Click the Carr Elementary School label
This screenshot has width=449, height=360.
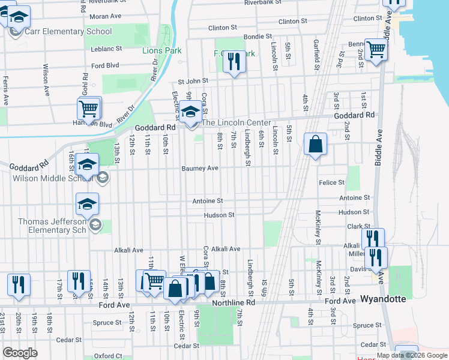[68, 31]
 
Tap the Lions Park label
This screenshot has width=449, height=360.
[161, 50]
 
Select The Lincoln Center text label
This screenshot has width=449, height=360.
[236, 123]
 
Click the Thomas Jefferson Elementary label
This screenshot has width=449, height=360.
[52, 226]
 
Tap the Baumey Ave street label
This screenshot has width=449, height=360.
[200, 169]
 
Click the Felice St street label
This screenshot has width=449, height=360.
[333, 182]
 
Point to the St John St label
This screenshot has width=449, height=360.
[192, 80]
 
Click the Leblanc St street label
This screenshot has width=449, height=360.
[106, 48]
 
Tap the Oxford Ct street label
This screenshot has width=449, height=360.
[107, 356]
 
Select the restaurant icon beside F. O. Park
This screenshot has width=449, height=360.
[234, 61]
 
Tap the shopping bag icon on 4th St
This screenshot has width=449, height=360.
[315, 145]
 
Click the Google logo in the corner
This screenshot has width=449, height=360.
[20, 353]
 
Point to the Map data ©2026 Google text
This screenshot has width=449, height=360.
[412, 355]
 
